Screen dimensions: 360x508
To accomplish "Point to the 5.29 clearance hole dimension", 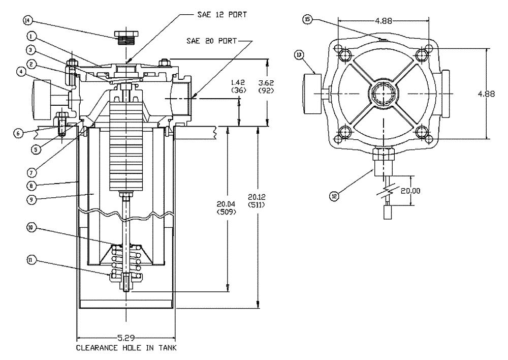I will point(125,338).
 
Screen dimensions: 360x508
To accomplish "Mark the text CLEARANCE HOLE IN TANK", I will point(126,349).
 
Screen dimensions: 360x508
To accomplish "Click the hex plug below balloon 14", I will point(125,38).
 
